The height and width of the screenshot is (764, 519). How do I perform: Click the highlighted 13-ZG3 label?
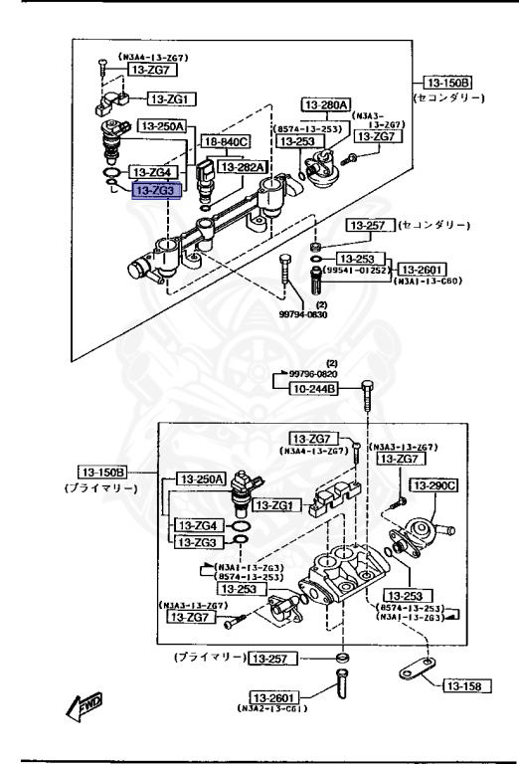click(x=156, y=190)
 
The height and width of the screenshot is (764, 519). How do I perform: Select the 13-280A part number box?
click(x=326, y=103)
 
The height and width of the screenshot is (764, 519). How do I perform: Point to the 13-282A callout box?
click(x=242, y=167)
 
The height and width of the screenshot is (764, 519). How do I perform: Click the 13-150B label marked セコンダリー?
click(x=446, y=83)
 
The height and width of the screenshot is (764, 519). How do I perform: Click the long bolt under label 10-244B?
click(x=366, y=408)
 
